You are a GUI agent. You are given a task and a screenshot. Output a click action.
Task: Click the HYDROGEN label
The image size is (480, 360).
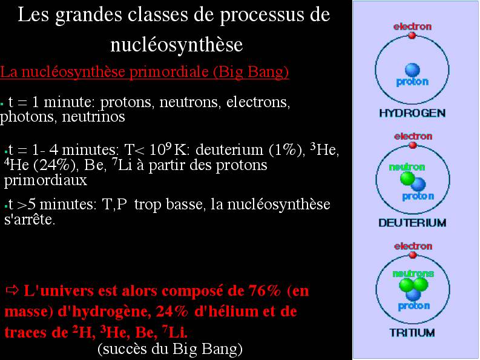click(x=412, y=113)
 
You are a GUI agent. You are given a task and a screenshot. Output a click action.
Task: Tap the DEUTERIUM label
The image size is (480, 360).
click(x=412, y=223)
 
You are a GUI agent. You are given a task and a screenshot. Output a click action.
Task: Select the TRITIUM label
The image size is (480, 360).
click(x=412, y=332)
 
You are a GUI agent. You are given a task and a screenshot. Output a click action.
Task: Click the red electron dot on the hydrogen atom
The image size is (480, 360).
click(x=412, y=36)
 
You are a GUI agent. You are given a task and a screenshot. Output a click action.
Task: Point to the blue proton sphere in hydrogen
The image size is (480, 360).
click(x=412, y=70)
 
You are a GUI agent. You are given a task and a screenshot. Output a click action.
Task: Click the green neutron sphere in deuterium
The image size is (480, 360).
click(x=407, y=178)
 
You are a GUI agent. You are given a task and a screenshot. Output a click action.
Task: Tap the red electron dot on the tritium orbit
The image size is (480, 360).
click(x=413, y=255)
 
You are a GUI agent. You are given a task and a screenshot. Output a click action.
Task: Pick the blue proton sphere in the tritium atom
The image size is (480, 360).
click(x=413, y=294)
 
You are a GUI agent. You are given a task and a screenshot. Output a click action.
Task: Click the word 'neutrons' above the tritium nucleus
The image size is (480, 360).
click(x=413, y=273)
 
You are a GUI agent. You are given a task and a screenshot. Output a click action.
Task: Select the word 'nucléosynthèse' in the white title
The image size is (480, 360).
click(x=177, y=45)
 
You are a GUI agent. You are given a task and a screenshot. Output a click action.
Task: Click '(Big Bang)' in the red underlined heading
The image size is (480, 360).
click(x=251, y=72)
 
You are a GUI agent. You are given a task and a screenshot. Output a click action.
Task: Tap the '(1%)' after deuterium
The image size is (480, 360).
click(x=287, y=150)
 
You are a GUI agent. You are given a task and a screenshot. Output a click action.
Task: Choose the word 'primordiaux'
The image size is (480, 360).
click(x=45, y=180)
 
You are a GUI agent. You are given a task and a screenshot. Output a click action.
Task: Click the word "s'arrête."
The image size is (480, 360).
click(x=30, y=219)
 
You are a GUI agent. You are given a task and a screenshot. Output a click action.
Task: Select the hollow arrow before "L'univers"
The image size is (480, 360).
click(x=13, y=290)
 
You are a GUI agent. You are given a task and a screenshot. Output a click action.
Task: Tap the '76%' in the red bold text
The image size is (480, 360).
click(x=264, y=290)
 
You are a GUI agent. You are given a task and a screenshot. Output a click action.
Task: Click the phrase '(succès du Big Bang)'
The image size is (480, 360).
click(x=170, y=349)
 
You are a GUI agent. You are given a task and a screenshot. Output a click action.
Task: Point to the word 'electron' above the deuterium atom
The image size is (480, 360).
click(x=413, y=136)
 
